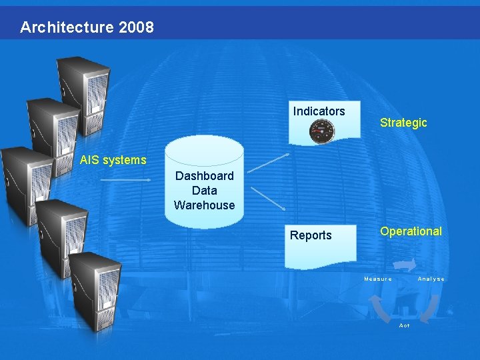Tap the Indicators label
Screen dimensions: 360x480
click(x=319, y=111)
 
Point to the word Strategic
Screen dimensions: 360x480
click(x=403, y=123)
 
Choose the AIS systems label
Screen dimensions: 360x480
click(x=113, y=160)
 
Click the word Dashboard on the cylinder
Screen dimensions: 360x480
click(x=204, y=176)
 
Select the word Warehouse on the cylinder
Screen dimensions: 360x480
click(x=204, y=205)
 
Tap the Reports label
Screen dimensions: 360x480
click(x=311, y=235)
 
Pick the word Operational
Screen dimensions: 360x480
click(x=411, y=231)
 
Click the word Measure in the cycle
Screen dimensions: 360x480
click(x=378, y=279)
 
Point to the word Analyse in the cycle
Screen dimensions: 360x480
click(x=431, y=279)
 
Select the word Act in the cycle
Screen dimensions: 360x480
click(x=404, y=325)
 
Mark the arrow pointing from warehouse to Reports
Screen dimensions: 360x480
click(x=267, y=200)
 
